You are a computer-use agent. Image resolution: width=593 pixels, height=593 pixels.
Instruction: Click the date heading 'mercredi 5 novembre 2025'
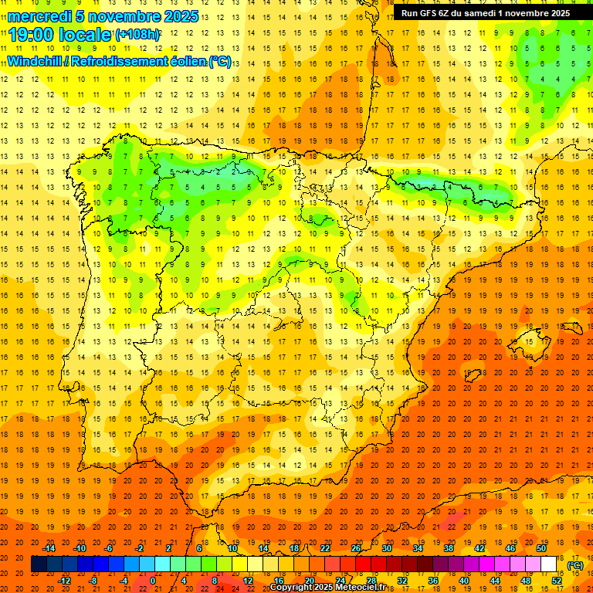(103, 16)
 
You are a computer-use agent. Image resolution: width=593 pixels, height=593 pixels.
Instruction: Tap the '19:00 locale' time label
(60, 34)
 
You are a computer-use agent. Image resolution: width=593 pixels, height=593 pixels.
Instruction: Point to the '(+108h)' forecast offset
(137, 35)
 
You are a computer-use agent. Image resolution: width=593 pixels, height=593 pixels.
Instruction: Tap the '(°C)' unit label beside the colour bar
(575, 566)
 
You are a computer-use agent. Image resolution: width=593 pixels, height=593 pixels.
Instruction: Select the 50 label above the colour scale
(541, 548)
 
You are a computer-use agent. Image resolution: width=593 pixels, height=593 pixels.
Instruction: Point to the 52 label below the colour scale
(557, 580)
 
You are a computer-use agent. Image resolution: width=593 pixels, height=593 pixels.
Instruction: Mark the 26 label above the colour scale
(356, 548)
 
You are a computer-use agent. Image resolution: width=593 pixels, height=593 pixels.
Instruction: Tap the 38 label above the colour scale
(449, 548)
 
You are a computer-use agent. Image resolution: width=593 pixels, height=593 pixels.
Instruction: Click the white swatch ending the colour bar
(549, 564)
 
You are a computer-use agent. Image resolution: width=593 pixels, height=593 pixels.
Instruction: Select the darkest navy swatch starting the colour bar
(39, 564)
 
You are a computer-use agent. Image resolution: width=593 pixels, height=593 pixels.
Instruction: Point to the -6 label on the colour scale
(109, 548)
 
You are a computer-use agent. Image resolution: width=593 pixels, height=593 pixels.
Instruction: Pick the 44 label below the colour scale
(495, 580)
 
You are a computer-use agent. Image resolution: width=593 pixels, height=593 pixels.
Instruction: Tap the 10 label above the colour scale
(232, 548)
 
